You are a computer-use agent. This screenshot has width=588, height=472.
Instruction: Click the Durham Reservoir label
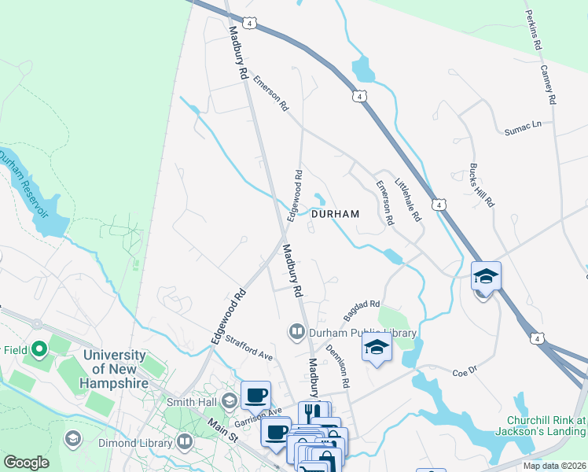[x=24, y=186]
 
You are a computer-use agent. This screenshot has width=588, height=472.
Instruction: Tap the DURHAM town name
[x=335, y=214]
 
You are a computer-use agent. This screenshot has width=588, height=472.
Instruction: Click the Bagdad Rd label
[x=361, y=310]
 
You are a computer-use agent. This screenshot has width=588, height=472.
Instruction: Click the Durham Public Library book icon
[x=297, y=332]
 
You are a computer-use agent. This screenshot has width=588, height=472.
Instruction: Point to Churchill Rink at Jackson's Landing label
[x=542, y=425]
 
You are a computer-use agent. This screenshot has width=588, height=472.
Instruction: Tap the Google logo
[x=26, y=463]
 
